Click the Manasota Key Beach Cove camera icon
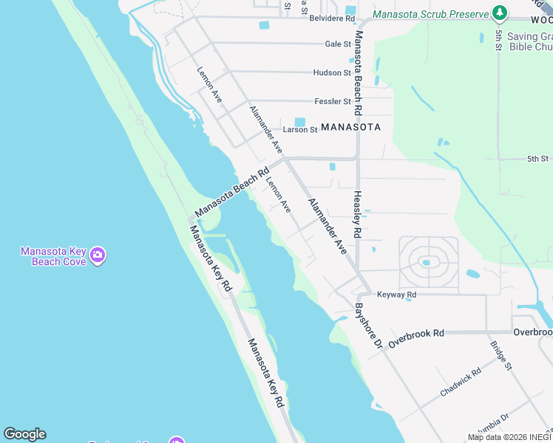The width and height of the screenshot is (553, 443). [98, 256]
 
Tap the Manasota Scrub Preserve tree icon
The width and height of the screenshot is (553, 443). [501, 14]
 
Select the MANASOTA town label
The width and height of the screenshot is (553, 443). [351, 127]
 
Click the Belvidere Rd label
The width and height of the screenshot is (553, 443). [333, 18]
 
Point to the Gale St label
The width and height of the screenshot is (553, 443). [337, 44]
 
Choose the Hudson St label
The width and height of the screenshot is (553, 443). [332, 73]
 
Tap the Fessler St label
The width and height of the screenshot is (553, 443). [332, 101]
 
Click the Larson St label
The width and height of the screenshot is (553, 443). [300, 130]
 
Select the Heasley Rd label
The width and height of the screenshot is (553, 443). [357, 215]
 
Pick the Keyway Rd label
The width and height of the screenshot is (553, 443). [397, 295]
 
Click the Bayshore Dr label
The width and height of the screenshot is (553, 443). [367, 326]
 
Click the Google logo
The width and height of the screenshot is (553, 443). [24, 434]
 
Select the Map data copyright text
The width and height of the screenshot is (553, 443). [509, 437]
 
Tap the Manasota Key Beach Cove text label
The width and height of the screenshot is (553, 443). [52, 256]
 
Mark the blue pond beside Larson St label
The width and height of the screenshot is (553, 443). [299, 122]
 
